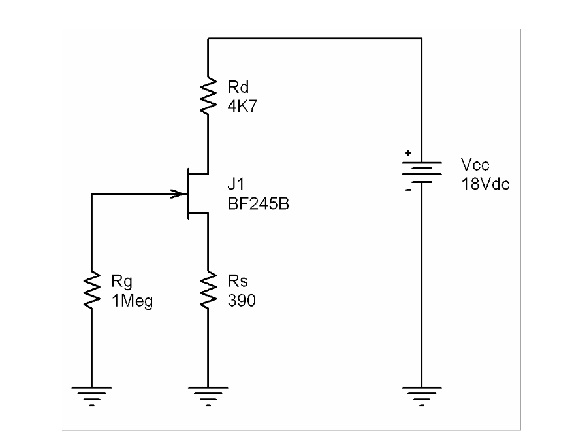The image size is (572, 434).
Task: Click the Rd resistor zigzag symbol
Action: [208, 97]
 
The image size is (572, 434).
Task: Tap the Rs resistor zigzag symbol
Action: [208, 290]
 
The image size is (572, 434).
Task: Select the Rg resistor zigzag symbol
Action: [92, 290]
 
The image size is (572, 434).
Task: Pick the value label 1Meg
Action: [131, 302]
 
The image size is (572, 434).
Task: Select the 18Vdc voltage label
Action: [485, 183]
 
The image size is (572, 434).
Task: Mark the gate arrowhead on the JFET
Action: [178, 193]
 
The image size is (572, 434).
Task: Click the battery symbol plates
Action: [422, 172]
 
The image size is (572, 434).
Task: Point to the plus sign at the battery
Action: [408, 154]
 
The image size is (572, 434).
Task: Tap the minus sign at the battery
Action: [408, 191]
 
